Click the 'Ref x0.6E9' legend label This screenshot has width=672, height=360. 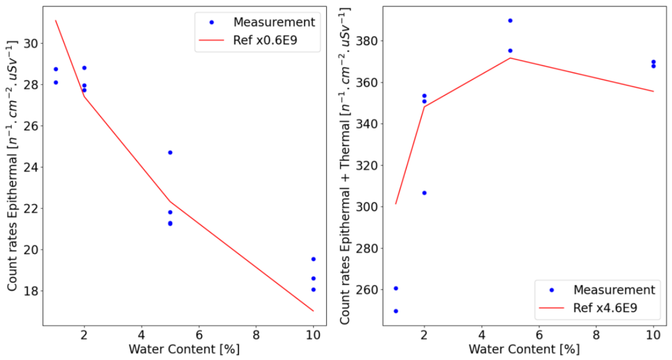(x=265, y=40)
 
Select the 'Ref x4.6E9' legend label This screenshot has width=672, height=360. (x=605, y=308)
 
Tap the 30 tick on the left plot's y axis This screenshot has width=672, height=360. (x=31, y=44)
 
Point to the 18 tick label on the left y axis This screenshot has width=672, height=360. (x=31, y=291)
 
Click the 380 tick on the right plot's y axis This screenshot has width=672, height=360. (x=366, y=41)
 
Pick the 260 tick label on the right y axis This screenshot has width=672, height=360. (x=366, y=290)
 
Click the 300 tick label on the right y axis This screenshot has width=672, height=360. (x=366, y=207)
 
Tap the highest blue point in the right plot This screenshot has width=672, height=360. (x=510, y=21)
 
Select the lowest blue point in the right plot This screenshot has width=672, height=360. (x=396, y=311)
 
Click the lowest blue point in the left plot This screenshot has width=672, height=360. (x=314, y=290)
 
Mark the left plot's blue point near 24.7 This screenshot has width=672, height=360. (x=170, y=152)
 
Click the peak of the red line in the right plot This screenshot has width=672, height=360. (x=510, y=58)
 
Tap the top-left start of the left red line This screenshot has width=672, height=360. (x=56, y=20)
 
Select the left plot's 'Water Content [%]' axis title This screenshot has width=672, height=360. (x=184, y=349)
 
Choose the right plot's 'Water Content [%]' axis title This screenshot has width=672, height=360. (x=524, y=349)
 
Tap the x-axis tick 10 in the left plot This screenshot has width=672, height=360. (x=314, y=335)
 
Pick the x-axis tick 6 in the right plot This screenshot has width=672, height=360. (x=539, y=335)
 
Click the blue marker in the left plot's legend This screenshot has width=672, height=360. (x=211, y=22)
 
